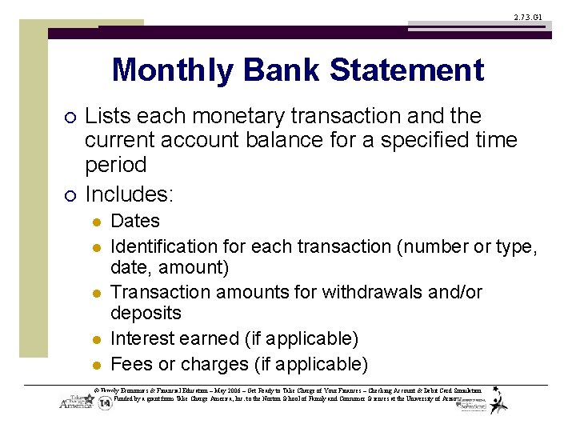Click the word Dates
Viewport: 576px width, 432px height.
click(135, 221)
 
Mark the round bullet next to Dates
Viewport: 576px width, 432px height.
click(94, 222)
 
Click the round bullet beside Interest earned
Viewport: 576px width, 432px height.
click(94, 340)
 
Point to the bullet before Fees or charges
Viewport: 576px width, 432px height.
click(94, 366)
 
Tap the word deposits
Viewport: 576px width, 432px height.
click(146, 313)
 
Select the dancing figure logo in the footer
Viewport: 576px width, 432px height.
click(498, 400)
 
